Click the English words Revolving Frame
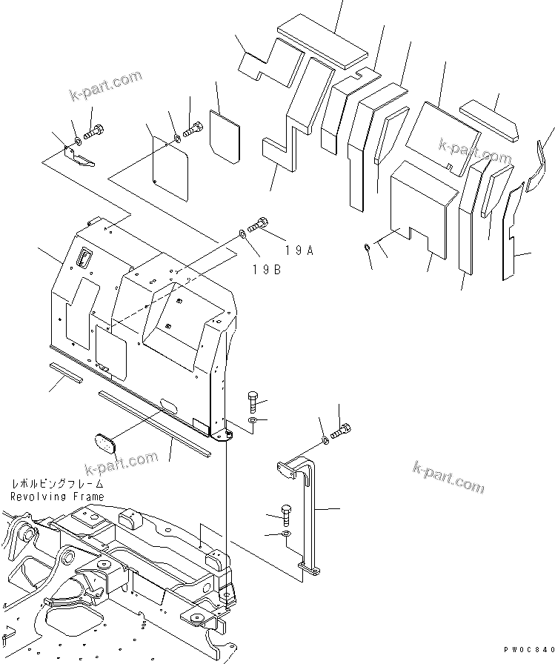[57, 496]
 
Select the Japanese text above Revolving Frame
[57, 483]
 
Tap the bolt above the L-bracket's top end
[343, 431]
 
